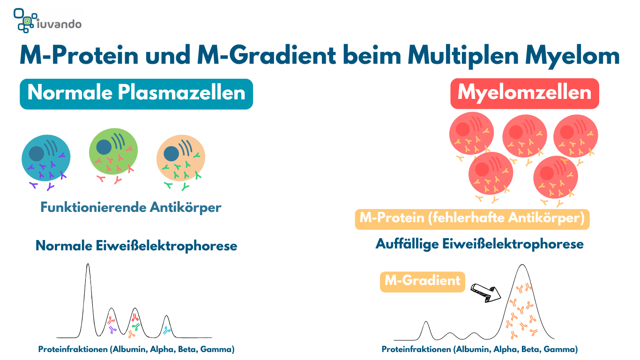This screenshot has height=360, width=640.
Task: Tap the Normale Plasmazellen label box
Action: coord(136,93)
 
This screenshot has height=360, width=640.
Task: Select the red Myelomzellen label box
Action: coord(524,93)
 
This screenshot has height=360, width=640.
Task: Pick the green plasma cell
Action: coord(113,151)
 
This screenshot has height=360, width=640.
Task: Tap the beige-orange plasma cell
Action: coord(181,158)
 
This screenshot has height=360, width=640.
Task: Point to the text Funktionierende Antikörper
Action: coord(131,207)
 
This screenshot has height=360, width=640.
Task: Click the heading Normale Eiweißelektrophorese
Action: coord(136,246)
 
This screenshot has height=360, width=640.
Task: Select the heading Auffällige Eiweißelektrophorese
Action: coord(479,244)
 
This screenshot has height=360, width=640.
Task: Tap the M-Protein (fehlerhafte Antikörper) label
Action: coord(472,218)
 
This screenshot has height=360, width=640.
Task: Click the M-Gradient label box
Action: coord(423,281)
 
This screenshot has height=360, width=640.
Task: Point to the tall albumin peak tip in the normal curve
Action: coord(88,265)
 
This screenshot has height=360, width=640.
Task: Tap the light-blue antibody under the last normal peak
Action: coord(167,331)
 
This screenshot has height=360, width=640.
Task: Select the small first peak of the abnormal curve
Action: coord(426,323)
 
